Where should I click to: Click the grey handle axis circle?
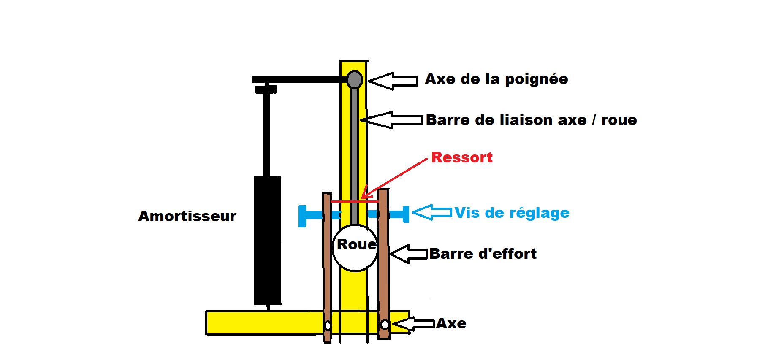(355, 79)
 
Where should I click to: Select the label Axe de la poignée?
(496, 79)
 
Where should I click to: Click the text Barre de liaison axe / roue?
(531, 120)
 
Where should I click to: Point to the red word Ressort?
(461, 157)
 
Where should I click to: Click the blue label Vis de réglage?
(512, 213)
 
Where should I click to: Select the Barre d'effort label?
(483, 254)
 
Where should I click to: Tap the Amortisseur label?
(187, 216)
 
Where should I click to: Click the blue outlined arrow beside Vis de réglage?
(432, 212)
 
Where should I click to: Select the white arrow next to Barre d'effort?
(408, 254)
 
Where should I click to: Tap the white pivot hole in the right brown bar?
(385, 325)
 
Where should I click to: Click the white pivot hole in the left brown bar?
(328, 326)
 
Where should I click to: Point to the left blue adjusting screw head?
(302, 216)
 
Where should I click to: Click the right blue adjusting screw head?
(406, 214)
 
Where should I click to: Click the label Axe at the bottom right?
(451, 323)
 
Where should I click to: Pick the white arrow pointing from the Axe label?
(413, 324)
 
